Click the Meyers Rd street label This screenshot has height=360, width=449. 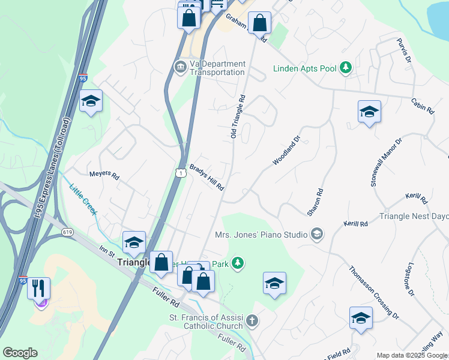pos(104,175)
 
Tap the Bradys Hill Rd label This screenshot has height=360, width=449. pos(206,178)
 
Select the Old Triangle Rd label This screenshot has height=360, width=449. pos(238,116)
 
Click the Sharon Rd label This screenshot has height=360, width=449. pos(315,202)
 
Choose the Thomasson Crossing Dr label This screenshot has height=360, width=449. pos(374,291)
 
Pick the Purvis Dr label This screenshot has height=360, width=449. pos(404,51)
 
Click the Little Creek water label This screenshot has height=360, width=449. pos(83,199)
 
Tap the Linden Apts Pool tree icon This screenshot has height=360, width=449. pos(345,68)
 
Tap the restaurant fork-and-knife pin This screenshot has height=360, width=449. pos(38,287)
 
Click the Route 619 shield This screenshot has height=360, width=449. pos(67,232)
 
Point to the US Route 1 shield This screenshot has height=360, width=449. pos(179,173)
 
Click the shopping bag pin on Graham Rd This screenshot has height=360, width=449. pos(261,24)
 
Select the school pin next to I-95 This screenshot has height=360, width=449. pos(91,101)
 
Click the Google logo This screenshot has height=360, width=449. pos(20,353)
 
